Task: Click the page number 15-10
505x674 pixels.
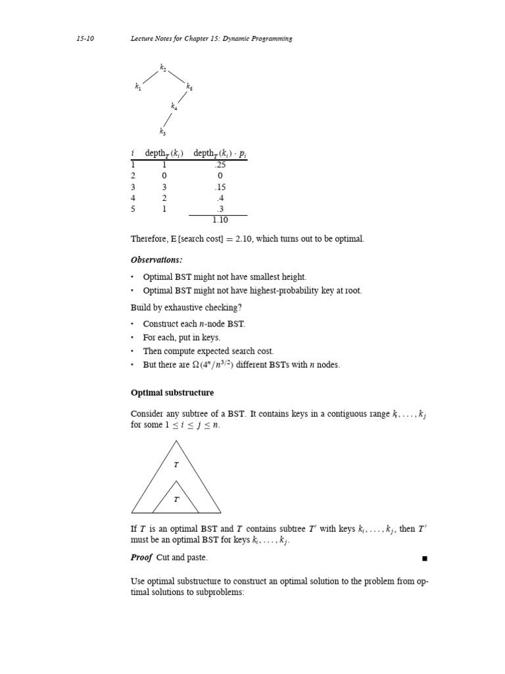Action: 85,39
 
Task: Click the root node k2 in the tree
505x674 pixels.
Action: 163,67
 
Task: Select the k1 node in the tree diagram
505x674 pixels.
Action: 138,86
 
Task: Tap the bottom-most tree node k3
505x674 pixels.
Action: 162,132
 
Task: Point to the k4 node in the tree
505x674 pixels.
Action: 174,106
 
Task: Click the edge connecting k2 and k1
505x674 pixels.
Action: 151,76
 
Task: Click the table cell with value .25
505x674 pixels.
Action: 220,165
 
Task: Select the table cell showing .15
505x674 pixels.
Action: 220,187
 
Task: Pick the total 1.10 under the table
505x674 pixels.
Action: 220,220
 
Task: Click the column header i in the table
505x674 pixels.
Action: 133,153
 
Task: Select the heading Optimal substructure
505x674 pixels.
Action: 172,393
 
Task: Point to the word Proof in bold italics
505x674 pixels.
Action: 141,557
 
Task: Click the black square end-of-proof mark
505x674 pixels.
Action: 425,559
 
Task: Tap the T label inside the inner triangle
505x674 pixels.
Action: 176,500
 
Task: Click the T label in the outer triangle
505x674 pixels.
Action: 176,465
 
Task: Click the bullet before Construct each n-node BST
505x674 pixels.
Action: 132,324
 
